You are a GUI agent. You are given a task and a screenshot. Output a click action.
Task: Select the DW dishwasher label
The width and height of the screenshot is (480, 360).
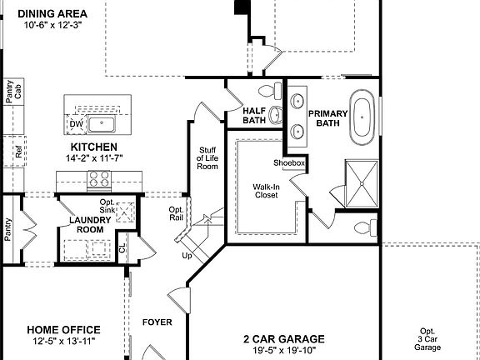click(x=76, y=124)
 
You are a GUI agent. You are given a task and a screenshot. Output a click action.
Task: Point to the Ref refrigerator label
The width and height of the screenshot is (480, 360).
click(x=18, y=152)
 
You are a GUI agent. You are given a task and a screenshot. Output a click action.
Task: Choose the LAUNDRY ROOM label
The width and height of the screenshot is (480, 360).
click(x=86, y=224)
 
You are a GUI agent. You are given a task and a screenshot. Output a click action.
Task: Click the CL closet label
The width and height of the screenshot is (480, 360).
click(x=122, y=247)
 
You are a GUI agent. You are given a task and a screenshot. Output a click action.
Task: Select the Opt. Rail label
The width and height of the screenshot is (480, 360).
click(x=176, y=213)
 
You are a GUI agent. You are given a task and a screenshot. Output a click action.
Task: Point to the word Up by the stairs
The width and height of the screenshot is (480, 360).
click(x=187, y=255)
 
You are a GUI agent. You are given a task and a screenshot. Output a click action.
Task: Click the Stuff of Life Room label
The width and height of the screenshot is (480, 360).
click(x=207, y=158)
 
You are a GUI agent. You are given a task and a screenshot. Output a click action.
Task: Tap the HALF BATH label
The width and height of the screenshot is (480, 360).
click(x=253, y=116)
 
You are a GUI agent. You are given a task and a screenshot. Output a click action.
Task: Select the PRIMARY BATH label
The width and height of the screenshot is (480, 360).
click(x=326, y=118)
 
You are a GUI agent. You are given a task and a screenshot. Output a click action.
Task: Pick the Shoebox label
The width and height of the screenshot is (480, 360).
click(x=289, y=163)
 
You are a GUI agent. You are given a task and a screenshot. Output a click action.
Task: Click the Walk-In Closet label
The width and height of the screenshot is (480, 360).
click(x=266, y=192)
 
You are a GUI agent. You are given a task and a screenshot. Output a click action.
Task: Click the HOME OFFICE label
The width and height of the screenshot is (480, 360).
click(x=63, y=330)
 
